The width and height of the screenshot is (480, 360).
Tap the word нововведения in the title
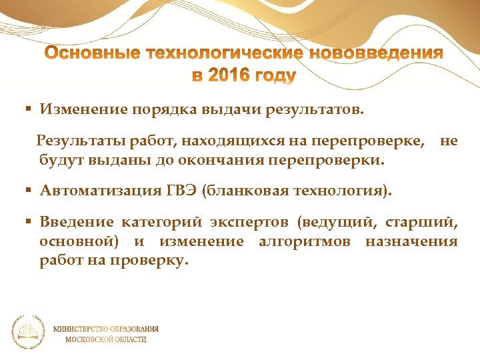pos(377,54)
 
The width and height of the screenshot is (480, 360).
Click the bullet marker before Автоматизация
pos(29,191)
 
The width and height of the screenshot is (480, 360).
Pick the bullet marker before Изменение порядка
pos(29,109)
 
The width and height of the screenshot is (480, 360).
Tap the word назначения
pos(411,241)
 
